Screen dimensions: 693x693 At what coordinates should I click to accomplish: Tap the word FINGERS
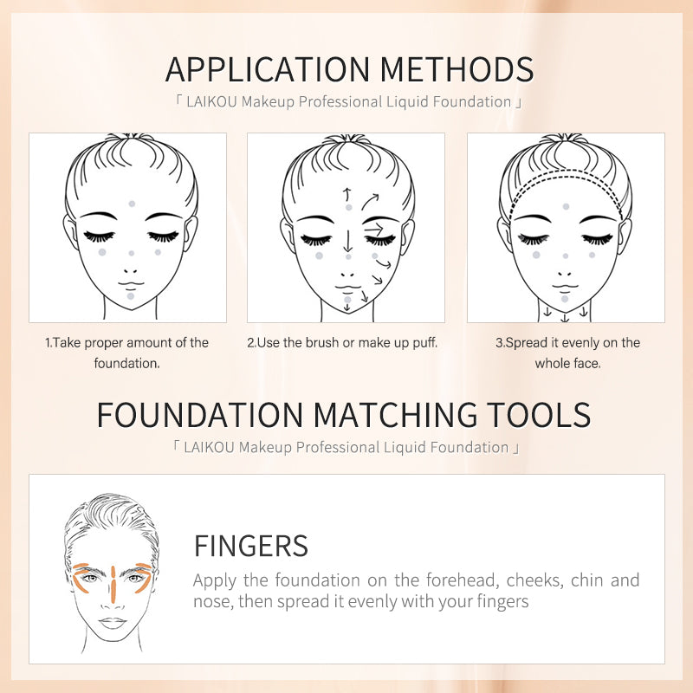[x=250, y=546]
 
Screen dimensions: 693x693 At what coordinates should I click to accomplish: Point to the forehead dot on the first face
[x=131, y=204]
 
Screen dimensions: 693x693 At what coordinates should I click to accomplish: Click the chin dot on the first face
[x=130, y=295]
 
